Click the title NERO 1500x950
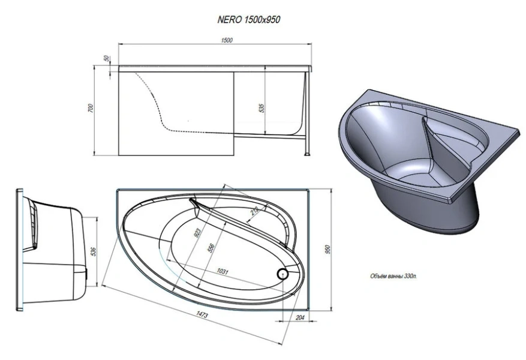248,19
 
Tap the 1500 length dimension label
227,41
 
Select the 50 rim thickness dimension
107,58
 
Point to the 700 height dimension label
91,107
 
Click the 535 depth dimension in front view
262,108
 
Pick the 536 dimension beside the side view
94,251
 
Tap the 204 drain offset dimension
300,317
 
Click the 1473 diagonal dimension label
202,314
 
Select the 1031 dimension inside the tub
223,271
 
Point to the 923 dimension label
197,233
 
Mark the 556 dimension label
211,248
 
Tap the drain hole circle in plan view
282,274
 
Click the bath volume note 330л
393,277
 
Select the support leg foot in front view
306,154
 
